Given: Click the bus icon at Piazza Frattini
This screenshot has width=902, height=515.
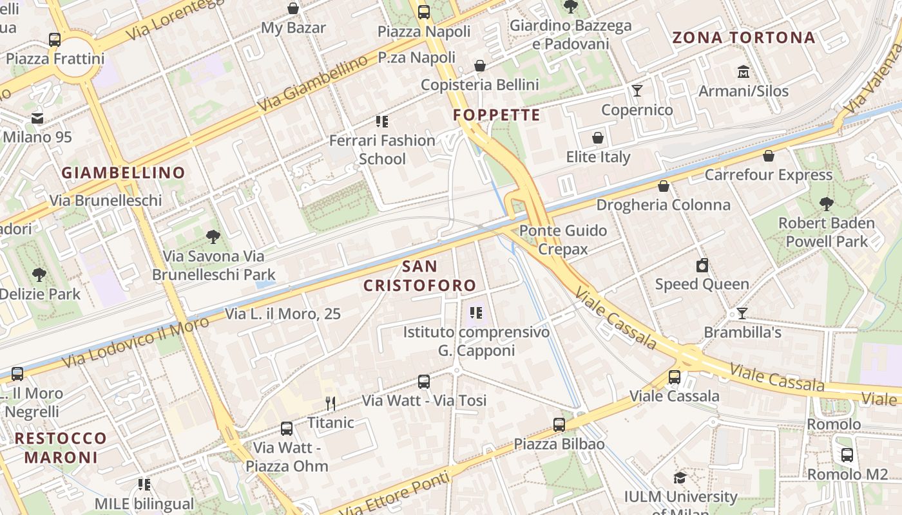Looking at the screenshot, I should coord(55,40).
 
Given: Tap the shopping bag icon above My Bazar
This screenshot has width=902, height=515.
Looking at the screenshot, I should coord(293,8).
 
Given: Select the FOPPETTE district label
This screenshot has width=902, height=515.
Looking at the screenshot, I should coord(496,115).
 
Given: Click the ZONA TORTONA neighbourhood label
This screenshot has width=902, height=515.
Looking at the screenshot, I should coord(744,37).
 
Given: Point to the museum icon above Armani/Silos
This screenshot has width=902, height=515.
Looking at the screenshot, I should coord(744,71).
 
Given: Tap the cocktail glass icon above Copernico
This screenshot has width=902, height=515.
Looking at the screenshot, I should coord(637,91).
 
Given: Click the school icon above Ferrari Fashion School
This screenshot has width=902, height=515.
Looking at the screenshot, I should coord(382,121).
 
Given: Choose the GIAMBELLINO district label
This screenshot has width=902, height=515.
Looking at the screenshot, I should coord(123,173).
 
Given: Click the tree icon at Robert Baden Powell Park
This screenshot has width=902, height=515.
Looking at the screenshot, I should coord(827,205).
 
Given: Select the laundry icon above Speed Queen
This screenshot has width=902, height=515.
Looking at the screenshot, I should coord(702,265).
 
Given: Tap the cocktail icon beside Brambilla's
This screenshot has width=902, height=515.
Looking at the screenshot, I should coord(742,314).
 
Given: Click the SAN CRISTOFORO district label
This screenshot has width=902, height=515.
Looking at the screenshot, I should coord(419,276).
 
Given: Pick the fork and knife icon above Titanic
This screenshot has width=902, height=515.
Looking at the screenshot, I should coord(331,404).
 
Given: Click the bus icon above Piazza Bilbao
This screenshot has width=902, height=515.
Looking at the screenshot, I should coord(559,425).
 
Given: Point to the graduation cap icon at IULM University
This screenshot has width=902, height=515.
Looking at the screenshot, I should coord(680,478).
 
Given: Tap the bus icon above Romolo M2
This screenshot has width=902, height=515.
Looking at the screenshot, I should coord(847,455).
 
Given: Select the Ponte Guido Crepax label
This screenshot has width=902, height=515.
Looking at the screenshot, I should coord(563,239).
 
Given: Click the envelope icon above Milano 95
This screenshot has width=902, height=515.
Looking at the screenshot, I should coord(37,118).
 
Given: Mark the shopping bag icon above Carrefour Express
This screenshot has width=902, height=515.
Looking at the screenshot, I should coord(768,156).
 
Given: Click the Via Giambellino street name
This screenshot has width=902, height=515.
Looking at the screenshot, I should coord(312,82).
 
